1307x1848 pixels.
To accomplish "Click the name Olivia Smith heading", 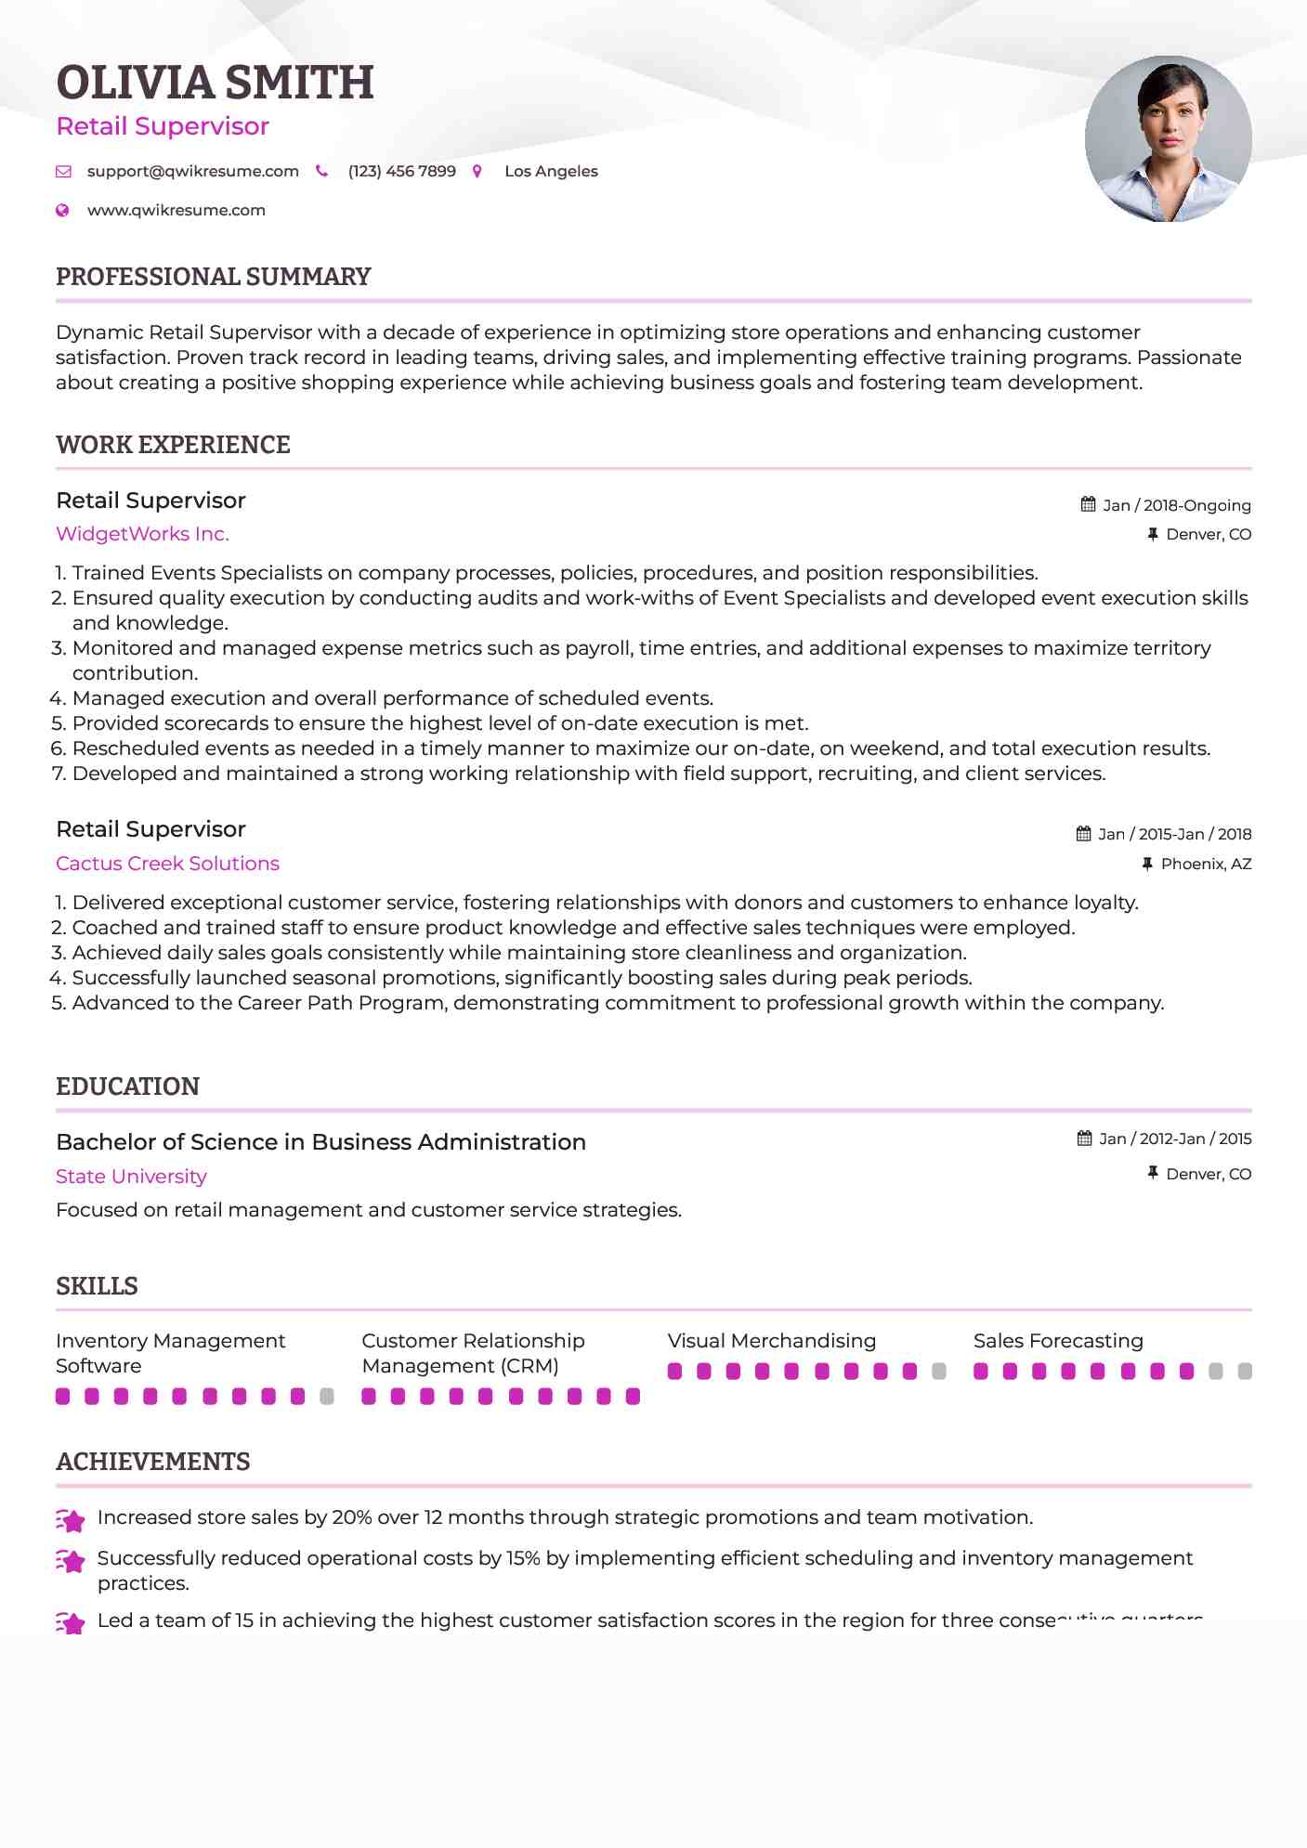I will [215, 83].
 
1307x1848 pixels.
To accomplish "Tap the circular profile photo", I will [1168, 139].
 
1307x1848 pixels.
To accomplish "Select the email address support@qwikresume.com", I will [192, 171].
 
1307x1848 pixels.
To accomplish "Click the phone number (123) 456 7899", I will [401, 171].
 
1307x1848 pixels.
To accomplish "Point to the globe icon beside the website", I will [62, 210].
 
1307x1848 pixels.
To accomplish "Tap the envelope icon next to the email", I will [63, 171].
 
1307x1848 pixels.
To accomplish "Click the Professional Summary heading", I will [213, 277].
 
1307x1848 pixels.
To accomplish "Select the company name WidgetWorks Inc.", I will [142, 534].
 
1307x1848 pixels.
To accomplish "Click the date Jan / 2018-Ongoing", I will [1176, 505].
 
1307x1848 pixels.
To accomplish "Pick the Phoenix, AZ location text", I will [1206, 864].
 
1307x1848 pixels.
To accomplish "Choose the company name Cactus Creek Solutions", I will [167, 864].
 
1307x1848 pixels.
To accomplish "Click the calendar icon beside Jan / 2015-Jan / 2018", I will [1083, 834].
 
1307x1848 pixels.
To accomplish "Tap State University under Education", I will [131, 1177].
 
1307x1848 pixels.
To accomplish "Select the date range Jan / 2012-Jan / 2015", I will [1174, 1139].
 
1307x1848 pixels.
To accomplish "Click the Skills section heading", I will [97, 1286].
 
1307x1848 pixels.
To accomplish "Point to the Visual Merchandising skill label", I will [771, 1341].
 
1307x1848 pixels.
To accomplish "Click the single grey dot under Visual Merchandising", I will [938, 1371].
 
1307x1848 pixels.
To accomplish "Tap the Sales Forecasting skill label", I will [1058, 1341].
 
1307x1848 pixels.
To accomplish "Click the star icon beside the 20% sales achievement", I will [71, 1519].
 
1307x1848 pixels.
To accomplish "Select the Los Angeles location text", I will [551, 171].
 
